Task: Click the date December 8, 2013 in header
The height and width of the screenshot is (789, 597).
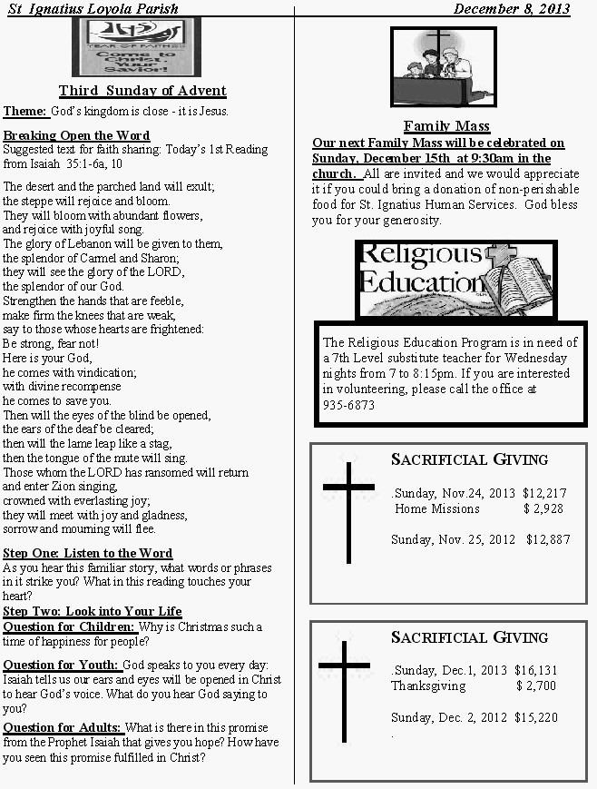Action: point(512,9)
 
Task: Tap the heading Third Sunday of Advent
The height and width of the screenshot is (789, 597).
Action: point(142,91)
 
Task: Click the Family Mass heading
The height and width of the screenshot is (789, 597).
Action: point(446,126)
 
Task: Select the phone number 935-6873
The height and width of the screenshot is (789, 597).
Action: point(348,405)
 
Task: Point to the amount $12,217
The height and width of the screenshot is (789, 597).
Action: point(544,493)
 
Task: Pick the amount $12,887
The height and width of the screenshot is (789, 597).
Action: point(548,539)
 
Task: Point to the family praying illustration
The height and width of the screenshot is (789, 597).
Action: point(443,66)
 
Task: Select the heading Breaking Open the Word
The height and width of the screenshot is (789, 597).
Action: point(77,136)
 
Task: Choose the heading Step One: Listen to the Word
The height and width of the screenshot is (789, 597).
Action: point(87,553)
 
